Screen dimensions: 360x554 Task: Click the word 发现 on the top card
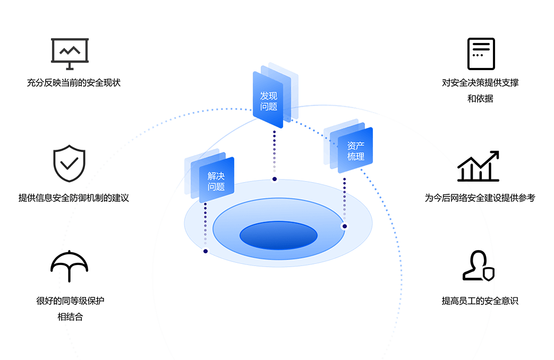[x=269, y=96]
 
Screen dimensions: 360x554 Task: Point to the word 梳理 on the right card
[x=356, y=157]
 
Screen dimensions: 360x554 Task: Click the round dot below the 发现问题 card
[x=275, y=179]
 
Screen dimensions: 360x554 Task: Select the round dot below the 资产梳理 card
[x=344, y=226]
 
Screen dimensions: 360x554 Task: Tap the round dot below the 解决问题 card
[x=206, y=251]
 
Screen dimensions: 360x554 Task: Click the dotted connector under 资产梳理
[x=344, y=199]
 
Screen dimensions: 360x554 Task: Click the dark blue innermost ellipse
[x=278, y=235]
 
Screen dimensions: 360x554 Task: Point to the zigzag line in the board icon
[x=70, y=51]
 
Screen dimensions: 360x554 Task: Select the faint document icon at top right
[x=481, y=54]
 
